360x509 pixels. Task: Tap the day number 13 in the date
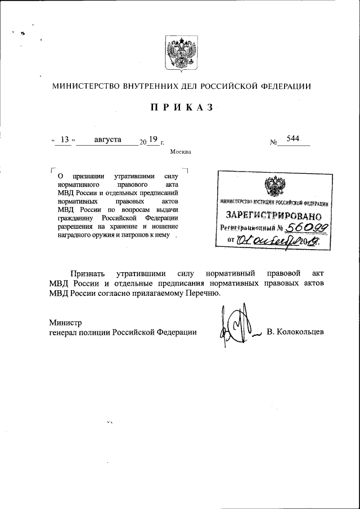point(64,139)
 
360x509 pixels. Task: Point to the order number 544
point(292,139)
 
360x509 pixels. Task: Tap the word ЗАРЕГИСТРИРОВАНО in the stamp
point(273,215)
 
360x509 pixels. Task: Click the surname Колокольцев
point(296,332)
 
